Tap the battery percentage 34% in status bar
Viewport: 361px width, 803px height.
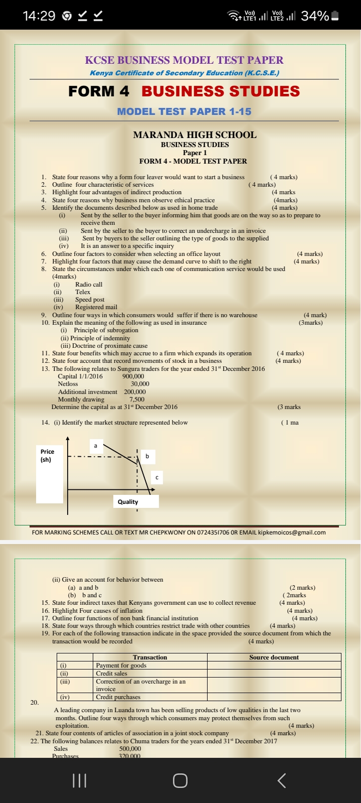coord(314,16)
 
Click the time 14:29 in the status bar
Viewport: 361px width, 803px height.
coord(39,16)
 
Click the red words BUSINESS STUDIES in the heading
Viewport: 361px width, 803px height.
coord(221,91)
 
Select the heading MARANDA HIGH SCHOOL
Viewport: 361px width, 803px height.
coord(195,135)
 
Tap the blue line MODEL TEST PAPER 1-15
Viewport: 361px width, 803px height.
coord(184,111)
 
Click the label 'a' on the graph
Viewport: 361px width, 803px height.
coord(95,446)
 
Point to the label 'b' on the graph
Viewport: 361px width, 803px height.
coord(147,456)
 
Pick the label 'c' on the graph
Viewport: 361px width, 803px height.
coord(157,477)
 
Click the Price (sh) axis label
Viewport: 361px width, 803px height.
coord(47,455)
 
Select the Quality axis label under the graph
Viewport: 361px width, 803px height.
coord(128,502)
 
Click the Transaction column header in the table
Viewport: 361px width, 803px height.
coord(150,657)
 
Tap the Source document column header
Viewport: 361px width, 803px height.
coord(274,657)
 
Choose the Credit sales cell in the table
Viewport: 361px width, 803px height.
coord(111,674)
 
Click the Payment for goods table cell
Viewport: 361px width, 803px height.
coord(121,665)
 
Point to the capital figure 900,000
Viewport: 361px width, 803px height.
coord(133,376)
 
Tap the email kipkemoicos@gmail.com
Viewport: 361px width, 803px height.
coord(292,532)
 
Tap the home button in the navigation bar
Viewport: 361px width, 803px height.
coord(180,780)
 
